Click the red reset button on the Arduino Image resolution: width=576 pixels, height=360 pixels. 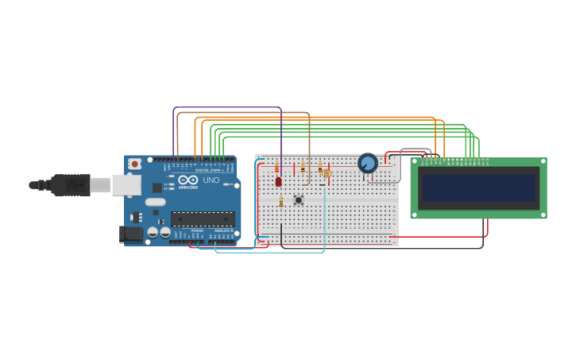click(135, 164)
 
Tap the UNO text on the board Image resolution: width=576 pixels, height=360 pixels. click(211, 180)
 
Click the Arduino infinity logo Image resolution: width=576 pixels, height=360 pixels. click(188, 180)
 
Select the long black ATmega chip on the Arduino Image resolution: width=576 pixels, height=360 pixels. click(203, 219)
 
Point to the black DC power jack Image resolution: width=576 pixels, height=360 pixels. click(130, 234)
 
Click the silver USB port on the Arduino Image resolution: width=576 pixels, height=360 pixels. click(126, 185)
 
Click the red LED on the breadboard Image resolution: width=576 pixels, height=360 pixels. click(278, 181)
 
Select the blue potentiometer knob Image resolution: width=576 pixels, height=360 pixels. click(367, 163)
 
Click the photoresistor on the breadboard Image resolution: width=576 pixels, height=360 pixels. click(326, 173)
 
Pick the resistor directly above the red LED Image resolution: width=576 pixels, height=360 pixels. click(276, 168)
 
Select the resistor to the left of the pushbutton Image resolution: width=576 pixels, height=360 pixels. click(280, 203)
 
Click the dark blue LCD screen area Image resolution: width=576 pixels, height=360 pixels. click(478, 188)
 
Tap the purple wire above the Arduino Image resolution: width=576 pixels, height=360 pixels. click(227, 108)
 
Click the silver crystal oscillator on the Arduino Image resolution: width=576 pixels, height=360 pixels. click(156, 202)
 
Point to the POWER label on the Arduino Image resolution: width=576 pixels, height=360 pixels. click(196, 230)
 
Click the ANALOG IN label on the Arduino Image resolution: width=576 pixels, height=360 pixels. click(225, 230)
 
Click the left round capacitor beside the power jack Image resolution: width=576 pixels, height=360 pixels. click(153, 232)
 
